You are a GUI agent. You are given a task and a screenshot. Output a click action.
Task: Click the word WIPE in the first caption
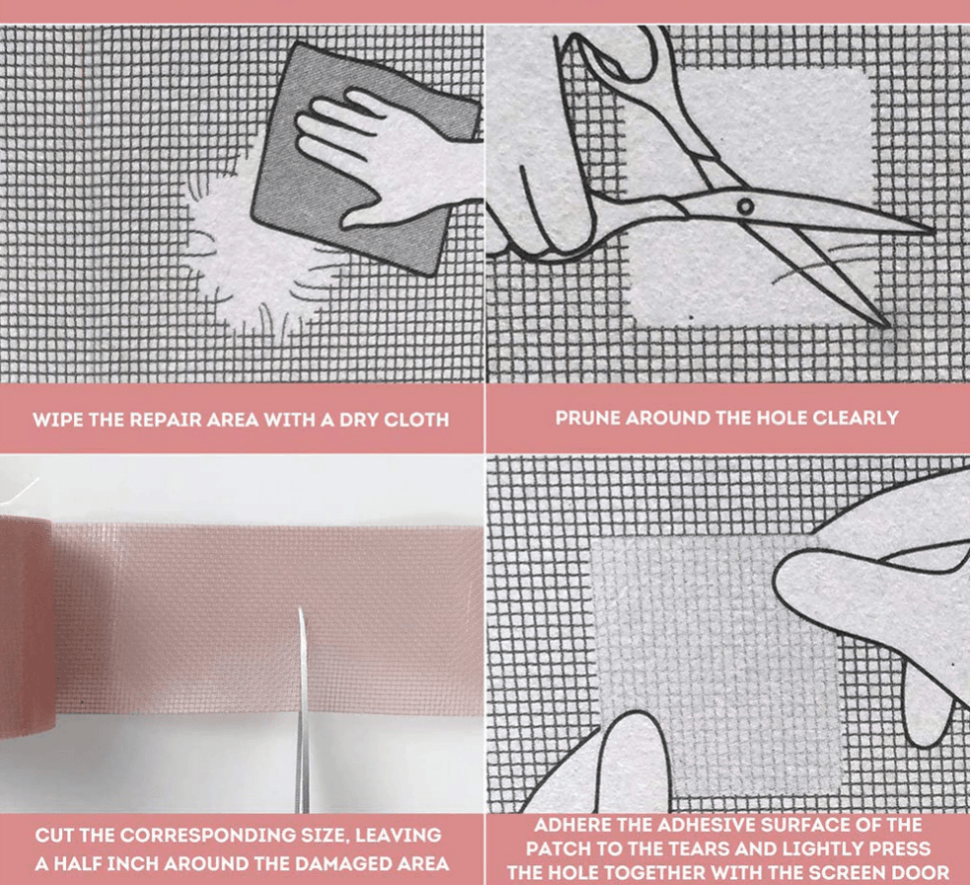point(56,419)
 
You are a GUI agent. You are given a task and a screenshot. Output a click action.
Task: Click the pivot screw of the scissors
point(745,206)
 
